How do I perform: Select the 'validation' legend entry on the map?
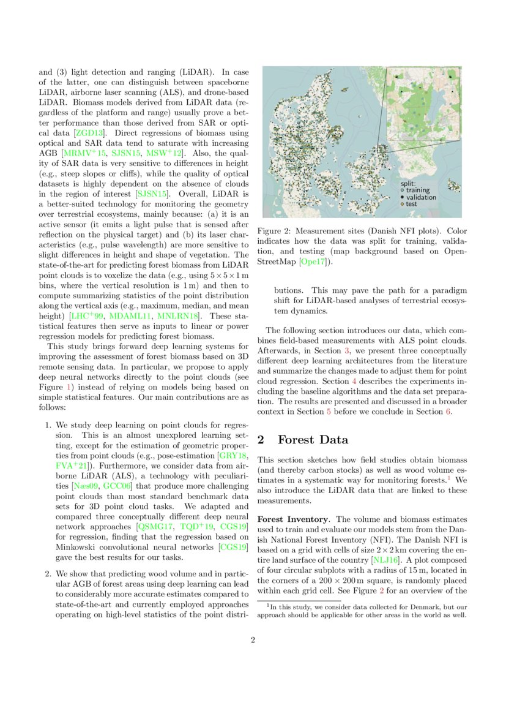point(422,197)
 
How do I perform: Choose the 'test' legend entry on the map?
point(411,204)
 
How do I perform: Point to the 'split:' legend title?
point(408,183)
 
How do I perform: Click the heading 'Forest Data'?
point(313,440)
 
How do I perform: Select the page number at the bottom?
point(252,641)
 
